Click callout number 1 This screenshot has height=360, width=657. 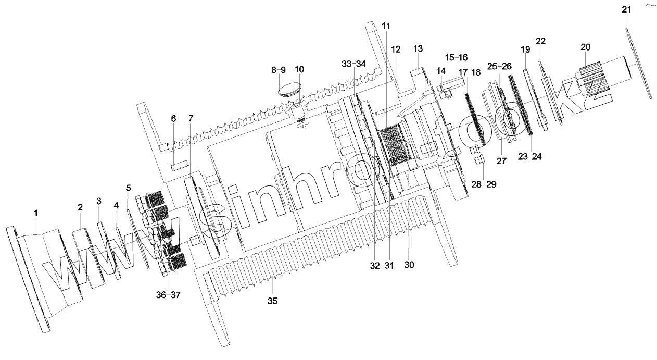pyautogui.click(x=36, y=213)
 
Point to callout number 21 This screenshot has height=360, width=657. pyautogui.click(x=626, y=10)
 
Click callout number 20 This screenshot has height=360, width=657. pyautogui.click(x=585, y=47)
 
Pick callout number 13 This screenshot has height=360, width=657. pyautogui.click(x=418, y=48)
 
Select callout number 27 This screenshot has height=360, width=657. pyautogui.click(x=501, y=161)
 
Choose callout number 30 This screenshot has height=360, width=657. pyautogui.click(x=409, y=264)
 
